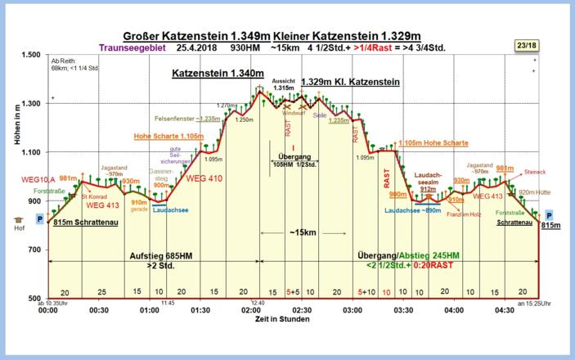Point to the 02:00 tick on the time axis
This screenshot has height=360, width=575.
(251, 311)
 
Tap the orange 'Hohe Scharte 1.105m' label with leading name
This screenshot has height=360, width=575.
(168, 137)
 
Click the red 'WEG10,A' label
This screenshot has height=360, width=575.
(38, 179)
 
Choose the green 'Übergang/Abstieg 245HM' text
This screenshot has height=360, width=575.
(407, 256)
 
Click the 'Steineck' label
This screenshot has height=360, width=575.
(534, 173)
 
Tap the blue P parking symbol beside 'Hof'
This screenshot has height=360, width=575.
(39, 219)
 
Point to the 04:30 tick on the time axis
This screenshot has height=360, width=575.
(505, 311)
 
